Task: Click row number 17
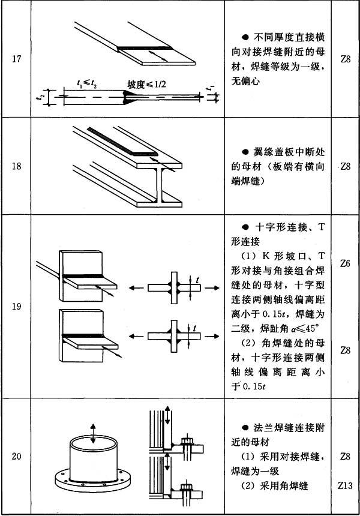(16, 59)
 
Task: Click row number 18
(16, 166)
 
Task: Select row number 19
(16, 307)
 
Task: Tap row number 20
(16, 456)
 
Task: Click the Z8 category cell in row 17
(345, 59)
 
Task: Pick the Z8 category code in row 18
(345, 166)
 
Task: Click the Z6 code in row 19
(345, 263)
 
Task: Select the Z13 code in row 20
(345, 485)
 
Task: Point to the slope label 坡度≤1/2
(147, 85)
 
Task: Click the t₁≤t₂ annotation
(87, 84)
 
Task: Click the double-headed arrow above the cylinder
(93, 433)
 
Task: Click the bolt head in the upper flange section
(186, 440)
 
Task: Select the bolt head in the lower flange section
(186, 487)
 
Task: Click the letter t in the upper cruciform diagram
(197, 280)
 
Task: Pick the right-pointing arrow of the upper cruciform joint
(212, 288)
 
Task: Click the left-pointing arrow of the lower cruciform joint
(136, 336)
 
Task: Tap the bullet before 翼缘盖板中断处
(245, 152)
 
